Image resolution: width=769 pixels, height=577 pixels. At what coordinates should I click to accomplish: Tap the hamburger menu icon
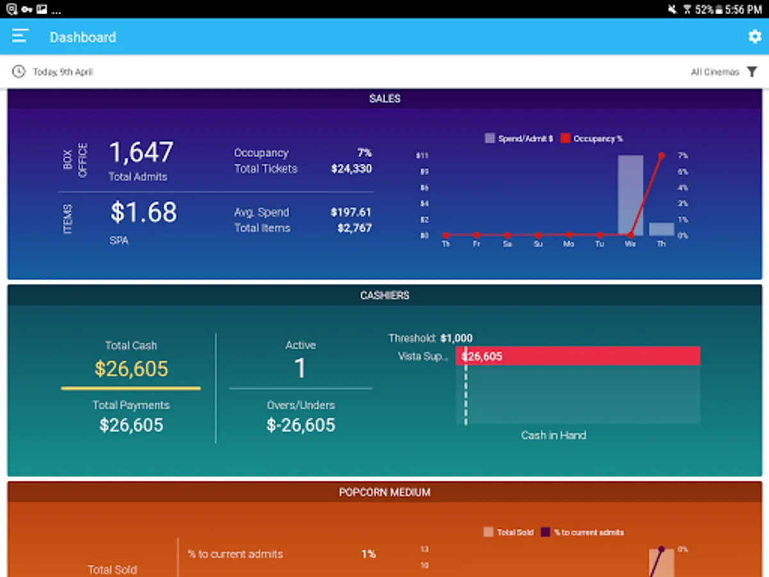click(21, 36)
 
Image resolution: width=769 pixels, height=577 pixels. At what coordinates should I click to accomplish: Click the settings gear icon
click(754, 37)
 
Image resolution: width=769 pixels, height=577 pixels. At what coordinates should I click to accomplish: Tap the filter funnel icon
click(752, 72)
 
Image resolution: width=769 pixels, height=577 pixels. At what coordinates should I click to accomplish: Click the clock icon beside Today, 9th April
click(19, 72)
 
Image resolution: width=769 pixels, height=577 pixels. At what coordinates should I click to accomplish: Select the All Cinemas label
click(715, 72)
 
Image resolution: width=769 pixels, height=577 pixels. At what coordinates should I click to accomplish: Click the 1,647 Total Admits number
click(141, 153)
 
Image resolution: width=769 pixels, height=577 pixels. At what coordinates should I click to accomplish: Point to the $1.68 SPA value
click(143, 213)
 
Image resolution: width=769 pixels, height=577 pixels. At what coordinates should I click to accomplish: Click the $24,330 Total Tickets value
click(351, 169)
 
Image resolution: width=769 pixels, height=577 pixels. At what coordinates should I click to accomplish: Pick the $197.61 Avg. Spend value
click(351, 212)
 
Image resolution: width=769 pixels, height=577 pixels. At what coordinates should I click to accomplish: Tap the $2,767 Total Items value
click(354, 228)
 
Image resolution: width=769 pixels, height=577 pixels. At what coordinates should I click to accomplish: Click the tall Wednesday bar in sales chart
click(630, 196)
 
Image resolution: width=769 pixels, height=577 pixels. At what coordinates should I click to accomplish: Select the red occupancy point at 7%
click(661, 156)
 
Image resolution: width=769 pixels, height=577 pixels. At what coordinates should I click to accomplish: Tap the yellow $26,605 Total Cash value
click(131, 369)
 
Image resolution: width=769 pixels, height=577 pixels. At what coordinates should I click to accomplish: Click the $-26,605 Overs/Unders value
click(301, 425)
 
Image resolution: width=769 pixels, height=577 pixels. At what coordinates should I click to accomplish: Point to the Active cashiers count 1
click(300, 369)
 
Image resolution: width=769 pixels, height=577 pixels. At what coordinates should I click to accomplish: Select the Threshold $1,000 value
click(456, 339)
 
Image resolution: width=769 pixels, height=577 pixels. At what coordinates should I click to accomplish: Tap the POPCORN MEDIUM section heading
click(384, 492)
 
